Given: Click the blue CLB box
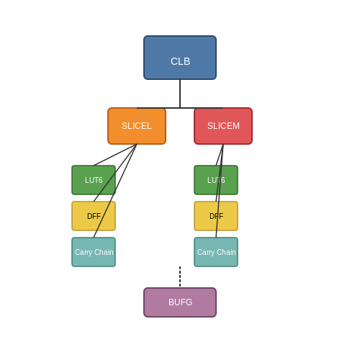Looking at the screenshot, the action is point(180,58).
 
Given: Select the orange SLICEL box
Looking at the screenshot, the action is point(137,126).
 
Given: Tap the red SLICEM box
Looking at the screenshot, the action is point(223,126).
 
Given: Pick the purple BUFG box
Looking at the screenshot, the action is point(180,302).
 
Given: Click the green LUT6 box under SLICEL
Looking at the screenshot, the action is point(94,180).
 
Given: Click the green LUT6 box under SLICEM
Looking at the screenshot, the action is point(216,180).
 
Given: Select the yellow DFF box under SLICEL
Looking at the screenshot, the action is point(94,216).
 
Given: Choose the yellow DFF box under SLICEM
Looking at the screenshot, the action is point(216,216).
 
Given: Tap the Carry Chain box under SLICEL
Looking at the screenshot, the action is point(94,252).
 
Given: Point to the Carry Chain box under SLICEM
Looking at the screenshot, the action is point(216,252).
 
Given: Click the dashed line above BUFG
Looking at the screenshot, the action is point(180,276).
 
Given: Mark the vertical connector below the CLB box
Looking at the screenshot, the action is point(180,94).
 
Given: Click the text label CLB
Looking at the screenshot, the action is point(181,61).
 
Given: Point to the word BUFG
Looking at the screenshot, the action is point(181,302).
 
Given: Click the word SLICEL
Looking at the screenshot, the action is point(137,126).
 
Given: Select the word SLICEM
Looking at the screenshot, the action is point(223,126).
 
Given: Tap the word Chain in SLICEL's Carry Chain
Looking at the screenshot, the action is point(104,252).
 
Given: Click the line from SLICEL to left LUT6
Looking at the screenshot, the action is point(115,155).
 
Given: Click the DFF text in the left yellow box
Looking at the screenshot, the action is point(94,216).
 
